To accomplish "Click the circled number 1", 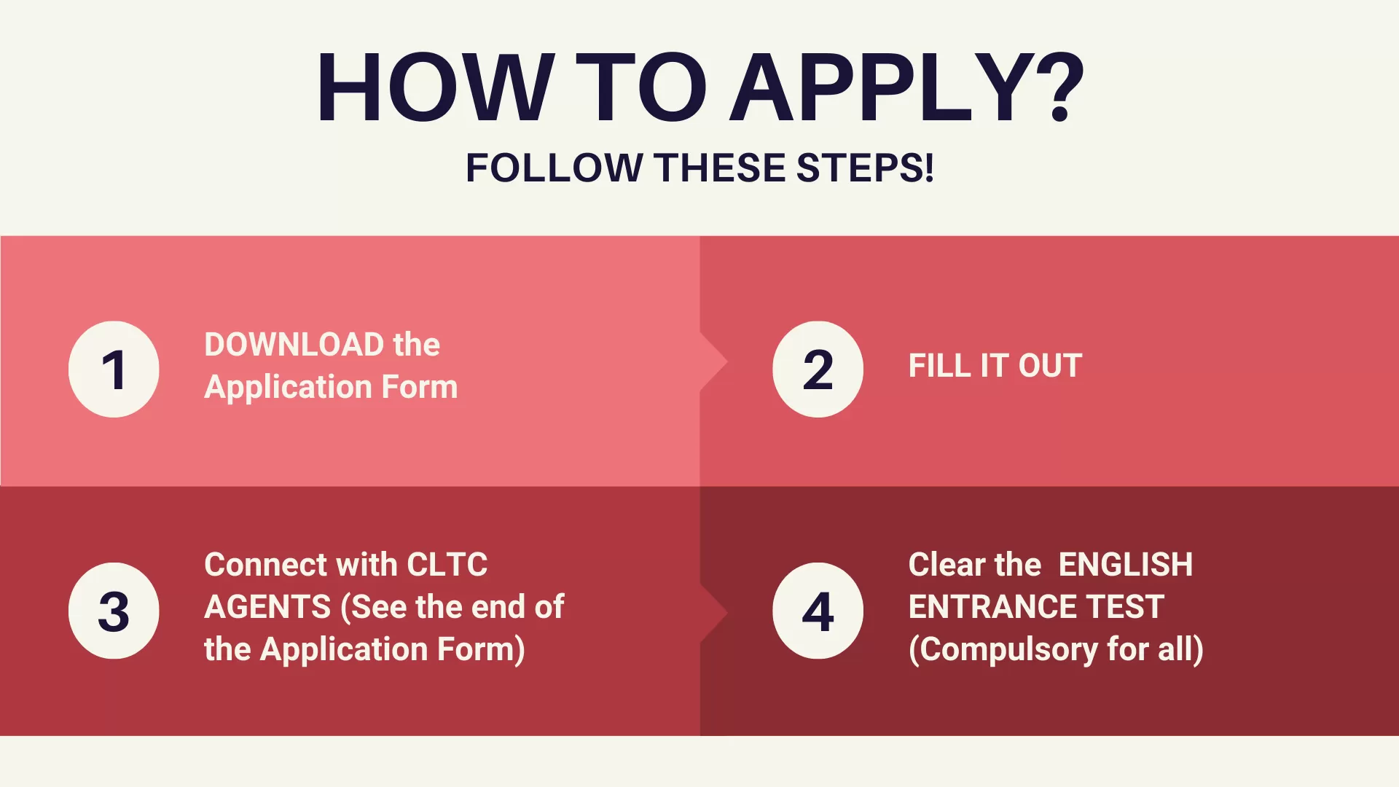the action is pyautogui.click(x=114, y=369).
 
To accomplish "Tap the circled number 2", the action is pyautogui.click(x=818, y=369).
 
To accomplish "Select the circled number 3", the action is pyautogui.click(x=114, y=611).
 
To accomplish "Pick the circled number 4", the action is pyautogui.click(x=818, y=611).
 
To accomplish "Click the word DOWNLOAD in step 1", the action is pyautogui.click(x=294, y=345).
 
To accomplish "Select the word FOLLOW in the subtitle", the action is pyautogui.click(x=554, y=168).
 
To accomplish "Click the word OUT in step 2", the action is pyautogui.click(x=1050, y=366).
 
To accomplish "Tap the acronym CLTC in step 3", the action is pyautogui.click(x=447, y=565).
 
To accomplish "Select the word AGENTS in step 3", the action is pyautogui.click(x=267, y=607).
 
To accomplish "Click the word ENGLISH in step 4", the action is pyautogui.click(x=1125, y=565).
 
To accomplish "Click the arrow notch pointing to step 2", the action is pyautogui.click(x=714, y=362).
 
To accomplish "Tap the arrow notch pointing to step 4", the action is pyautogui.click(x=714, y=613).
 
